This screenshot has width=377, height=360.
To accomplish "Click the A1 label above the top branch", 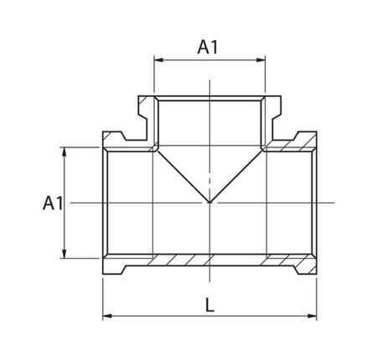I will (x=208, y=48).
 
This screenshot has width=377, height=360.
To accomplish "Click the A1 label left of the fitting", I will (x=53, y=203).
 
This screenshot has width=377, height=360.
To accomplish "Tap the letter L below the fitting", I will (x=209, y=306).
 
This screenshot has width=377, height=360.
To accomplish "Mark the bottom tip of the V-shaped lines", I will (x=209, y=203).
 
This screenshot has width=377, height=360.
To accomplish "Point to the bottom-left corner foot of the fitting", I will (x=112, y=270).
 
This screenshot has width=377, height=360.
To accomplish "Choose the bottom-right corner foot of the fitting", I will (x=308, y=270).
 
